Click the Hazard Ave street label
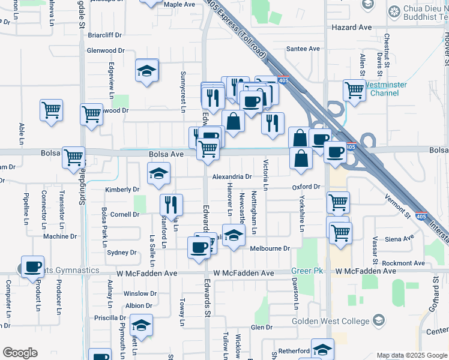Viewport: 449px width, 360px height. point(357,28)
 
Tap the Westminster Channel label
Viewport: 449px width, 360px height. point(384,89)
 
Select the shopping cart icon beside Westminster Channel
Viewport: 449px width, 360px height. point(354,91)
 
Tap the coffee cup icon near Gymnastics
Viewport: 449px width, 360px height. point(33,268)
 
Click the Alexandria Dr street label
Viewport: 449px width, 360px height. point(231,177)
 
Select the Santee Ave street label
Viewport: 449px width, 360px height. point(303,49)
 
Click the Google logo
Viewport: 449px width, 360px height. point(20,353)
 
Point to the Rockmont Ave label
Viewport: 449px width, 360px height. point(396,263)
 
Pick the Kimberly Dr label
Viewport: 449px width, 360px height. point(122,190)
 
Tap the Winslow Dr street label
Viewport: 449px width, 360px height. point(140,294)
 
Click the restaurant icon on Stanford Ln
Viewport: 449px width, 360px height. point(172,205)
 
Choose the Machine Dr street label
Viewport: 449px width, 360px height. point(60,236)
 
